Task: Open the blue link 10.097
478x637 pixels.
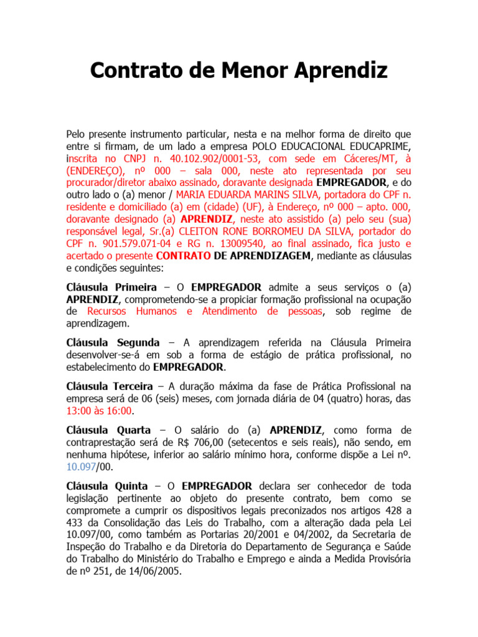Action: coord(80,466)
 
